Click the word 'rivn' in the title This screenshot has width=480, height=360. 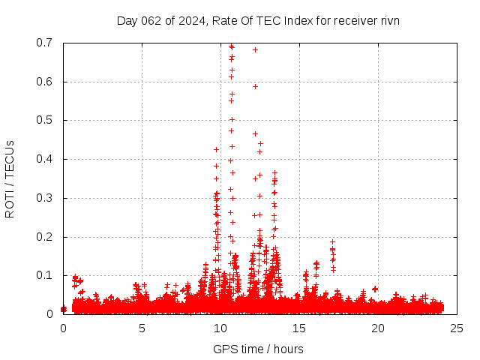[388, 20]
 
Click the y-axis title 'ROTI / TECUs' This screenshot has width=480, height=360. [10, 178]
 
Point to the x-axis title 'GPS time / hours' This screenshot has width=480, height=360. [258, 349]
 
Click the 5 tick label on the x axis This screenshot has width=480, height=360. [142, 328]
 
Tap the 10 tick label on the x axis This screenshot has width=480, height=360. [220, 328]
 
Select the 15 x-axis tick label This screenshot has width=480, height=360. [299, 328]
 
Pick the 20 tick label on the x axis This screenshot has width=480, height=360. [378, 328]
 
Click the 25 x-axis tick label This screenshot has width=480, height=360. [457, 328]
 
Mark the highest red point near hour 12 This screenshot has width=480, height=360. [255, 49]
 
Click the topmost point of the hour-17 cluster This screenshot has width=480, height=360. [332, 241]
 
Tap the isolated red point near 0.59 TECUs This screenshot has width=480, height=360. [255, 86]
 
